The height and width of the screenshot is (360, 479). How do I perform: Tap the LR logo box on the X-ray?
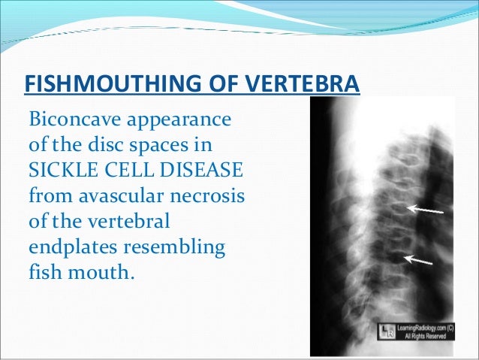385,332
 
